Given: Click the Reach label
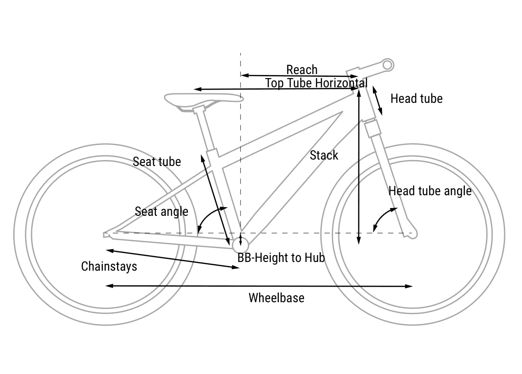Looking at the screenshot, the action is click(302, 70).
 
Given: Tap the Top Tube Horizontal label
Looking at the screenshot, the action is click(316, 83).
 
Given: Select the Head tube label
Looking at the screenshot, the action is click(416, 99).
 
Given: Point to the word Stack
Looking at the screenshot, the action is click(324, 155).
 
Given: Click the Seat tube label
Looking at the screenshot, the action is click(157, 161).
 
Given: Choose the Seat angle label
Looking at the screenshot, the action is click(161, 212).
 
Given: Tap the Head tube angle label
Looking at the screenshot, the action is click(430, 191).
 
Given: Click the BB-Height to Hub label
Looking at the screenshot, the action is click(281, 257).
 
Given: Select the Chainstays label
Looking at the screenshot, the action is click(109, 267).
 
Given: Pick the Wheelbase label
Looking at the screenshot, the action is click(277, 298).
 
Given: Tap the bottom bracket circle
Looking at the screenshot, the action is click(240, 245).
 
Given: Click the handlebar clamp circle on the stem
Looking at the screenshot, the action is click(388, 65).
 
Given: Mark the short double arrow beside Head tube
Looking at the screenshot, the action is click(377, 101).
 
